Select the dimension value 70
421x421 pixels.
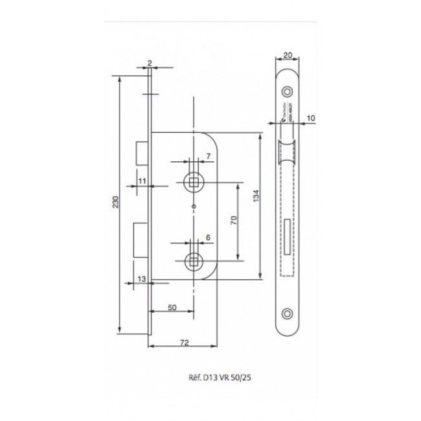pyautogui.click(x=233, y=222)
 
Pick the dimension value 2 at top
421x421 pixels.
pyautogui.click(x=150, y=62)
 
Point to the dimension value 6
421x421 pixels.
pyautogui.click(x=207, y=237)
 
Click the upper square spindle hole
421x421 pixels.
pyautogui.click(x=194, y=183)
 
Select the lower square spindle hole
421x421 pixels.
pyautogui.click(x=193, y=261)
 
